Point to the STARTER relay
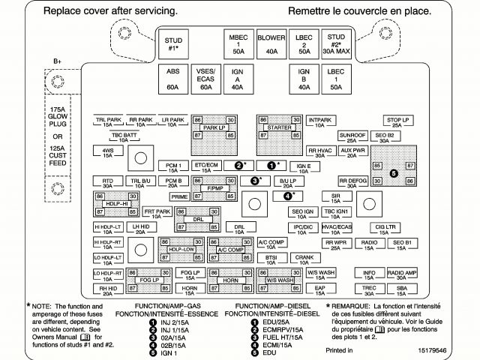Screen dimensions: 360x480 tap(278, 128)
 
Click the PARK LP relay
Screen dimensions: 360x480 tap(214, 128)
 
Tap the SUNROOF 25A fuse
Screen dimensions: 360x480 tap(352, 137)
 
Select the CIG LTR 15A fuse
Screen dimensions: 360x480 tap(385, 227)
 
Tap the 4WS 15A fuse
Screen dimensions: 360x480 tap(108, 153)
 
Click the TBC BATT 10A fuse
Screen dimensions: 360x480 tap(124, 137)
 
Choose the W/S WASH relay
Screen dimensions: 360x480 tap(278, 280)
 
